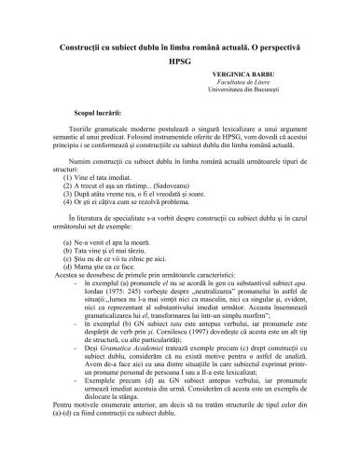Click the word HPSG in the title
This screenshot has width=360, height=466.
(180, 61)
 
